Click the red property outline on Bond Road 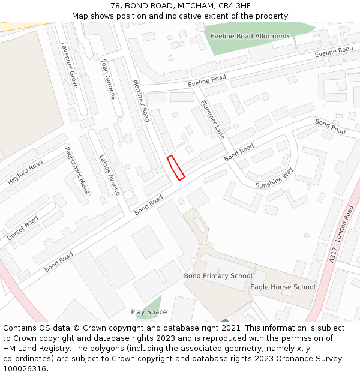point(175,167)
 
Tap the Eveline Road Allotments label point(250,36)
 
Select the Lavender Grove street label point(70,65)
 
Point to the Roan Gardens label point(108,79)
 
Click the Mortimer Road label point(140,100)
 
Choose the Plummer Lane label point(212,119)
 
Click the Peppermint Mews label point(77,170)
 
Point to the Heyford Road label point(25,172)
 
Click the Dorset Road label point(23,228)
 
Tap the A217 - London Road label point(342,233)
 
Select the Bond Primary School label point(218,276)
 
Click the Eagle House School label point(283,287)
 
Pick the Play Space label point(149,312)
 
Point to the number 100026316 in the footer point(24,369)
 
